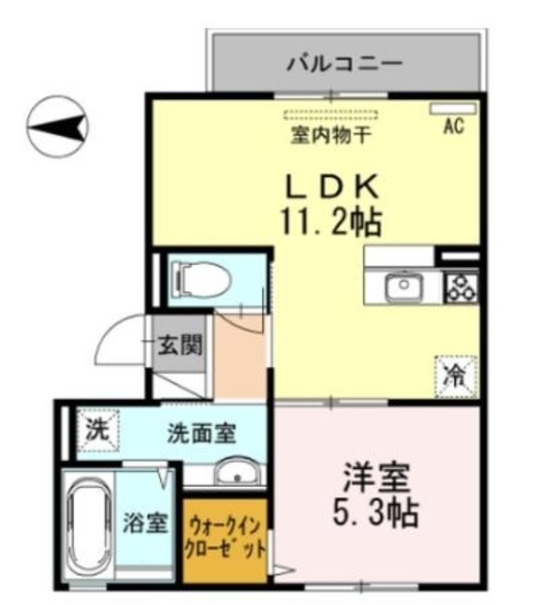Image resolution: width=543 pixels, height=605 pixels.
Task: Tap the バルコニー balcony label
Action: (x=344, y=64)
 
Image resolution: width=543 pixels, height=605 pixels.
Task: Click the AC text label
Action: (x=453, y=127)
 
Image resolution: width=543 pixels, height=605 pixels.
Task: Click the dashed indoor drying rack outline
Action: (x=330, y=116)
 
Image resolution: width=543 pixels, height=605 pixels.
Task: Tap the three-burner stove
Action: (x=462, y=286)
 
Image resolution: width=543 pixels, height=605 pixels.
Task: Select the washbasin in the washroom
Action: (x=236, y=474)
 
